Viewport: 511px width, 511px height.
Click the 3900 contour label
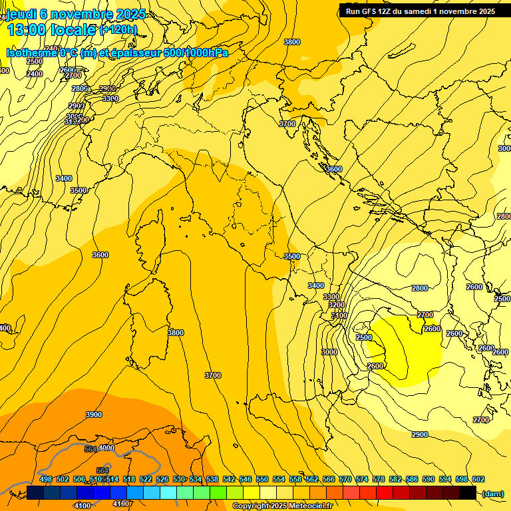coord(94,415)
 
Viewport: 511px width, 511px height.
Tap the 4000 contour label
coord(106,448)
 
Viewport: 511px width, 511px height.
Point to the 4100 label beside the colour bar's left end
coord(83,506)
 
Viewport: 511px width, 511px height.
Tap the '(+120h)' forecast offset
coord(118,30)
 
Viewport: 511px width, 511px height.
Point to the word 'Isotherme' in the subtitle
coord(31,53)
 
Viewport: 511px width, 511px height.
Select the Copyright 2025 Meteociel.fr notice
coord(282,506)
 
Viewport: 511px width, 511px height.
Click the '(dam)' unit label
coord(492,493)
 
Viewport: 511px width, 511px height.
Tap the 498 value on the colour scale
coord(46,479)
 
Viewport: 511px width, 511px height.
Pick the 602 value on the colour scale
coord(478,479)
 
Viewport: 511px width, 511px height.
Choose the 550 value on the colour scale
coord(262,479)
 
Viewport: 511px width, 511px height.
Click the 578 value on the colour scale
coord(379,479)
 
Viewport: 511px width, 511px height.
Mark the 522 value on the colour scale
coord(146,479)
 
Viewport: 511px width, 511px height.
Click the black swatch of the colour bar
coord(468,492)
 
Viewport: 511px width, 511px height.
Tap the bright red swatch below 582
coord(385,492)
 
